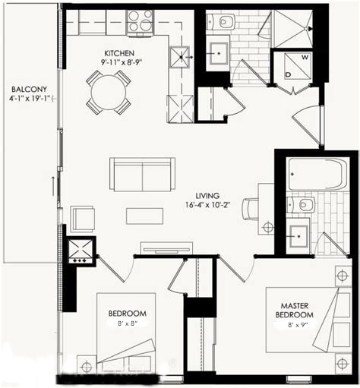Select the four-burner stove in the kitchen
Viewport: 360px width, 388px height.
pos(141,23)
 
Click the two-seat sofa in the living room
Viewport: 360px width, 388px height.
pos(142,174)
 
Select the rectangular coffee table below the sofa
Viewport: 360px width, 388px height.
pos(144,216)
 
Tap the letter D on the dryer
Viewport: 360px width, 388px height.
pos(289,74)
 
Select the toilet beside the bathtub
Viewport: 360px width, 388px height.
pos(305,203)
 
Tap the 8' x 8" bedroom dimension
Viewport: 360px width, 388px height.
pos(122,323)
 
